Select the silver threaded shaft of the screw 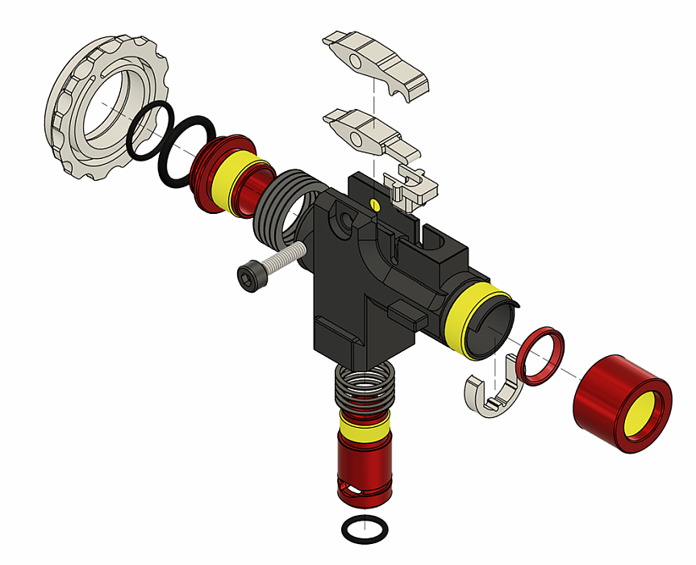[x=283, y=260]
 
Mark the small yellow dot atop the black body [x=373, y=204]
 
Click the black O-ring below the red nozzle [x=364, y=529]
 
